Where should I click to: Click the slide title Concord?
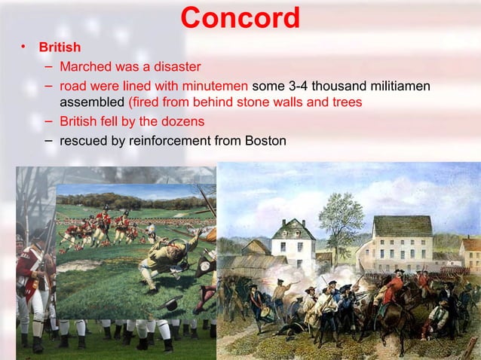(x=240, y=18)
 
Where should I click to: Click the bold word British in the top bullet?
(x=60, y=47)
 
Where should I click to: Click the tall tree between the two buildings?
(x=340, y=215)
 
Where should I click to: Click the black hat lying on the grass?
(x=171, y=304)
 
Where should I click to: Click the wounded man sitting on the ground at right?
(x=437, y=321)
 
